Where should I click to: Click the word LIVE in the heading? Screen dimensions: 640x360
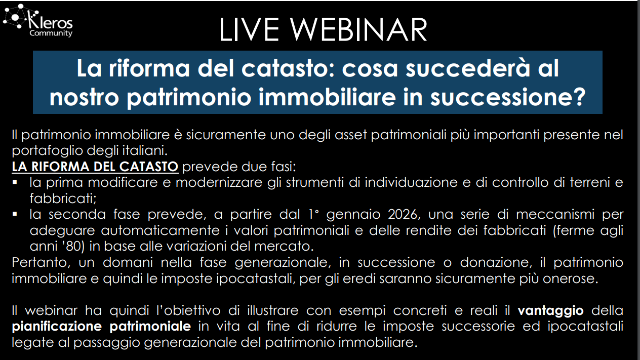tap(249, 30)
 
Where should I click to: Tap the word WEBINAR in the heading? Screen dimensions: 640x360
tap(358, 30)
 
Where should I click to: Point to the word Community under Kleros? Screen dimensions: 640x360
tap(51, 33)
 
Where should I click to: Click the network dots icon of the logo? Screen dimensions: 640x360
tap(17, 17)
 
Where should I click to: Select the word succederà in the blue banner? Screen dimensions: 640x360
tap(468, 68)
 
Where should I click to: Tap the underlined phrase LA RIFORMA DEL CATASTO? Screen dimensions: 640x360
tap(95, 167)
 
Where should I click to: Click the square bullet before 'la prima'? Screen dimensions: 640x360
tap(15, 182)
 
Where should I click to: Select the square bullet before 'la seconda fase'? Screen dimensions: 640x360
tap(15, 214)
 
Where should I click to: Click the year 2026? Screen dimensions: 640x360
tap(404, 214)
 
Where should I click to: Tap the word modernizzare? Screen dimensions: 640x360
tap(219, 183)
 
